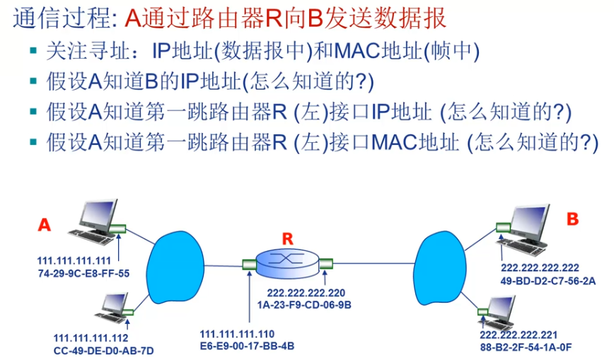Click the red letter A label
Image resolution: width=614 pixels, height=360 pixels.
coord(45,225)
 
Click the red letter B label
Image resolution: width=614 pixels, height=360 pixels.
coord(572,219)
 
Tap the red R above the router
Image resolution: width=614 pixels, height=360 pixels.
coord(286,239)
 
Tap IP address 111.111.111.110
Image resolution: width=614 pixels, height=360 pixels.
coord(237,334)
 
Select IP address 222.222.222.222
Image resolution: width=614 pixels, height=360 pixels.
coord(540,268)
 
